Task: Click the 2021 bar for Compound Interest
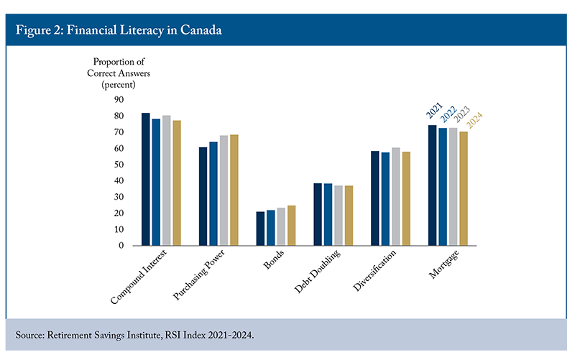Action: [x=145, y=180]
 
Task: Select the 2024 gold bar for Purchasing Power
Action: [x=234, y=190]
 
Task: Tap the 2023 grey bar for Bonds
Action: [x=281, y=227]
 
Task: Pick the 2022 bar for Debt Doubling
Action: [x=328, y=215]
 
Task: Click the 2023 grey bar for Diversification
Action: [x=395, y=197]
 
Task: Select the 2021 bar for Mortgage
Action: [x=432, y=185]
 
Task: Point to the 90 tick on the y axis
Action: [x=119, y=100]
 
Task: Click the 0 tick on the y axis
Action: [x=121, y=246]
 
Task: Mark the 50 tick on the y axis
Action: [x=119, y=165]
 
